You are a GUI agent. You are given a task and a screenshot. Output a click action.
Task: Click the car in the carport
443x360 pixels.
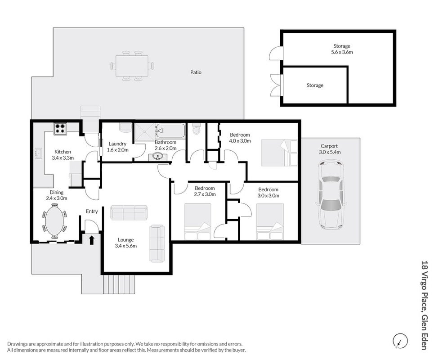331,195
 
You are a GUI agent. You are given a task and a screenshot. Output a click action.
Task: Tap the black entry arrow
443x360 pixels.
92,240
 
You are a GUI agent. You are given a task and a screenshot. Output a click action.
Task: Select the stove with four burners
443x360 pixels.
60,129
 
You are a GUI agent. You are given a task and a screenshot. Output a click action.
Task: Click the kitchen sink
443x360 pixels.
38,154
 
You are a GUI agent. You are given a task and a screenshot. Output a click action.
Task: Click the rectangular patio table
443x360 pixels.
132,66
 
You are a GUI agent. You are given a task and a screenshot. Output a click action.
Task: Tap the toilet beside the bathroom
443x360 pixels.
196,129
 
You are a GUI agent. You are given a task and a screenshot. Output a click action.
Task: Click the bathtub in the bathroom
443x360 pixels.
170,131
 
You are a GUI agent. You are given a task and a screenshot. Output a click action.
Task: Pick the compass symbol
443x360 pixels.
400,340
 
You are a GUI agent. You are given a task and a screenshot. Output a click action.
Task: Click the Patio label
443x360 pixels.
196,72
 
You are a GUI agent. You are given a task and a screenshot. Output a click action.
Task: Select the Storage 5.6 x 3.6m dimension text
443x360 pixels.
342,52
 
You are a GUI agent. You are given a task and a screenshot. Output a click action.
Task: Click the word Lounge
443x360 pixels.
126,240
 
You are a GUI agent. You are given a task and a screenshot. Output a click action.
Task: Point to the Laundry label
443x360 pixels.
117,144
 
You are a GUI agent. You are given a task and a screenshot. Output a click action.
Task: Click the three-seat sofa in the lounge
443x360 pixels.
130,213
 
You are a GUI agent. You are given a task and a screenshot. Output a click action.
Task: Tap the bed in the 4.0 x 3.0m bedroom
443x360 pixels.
279,153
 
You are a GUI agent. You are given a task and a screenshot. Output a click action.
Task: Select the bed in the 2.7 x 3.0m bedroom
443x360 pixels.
198,221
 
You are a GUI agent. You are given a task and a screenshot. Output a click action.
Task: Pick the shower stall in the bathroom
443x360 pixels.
144,132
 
